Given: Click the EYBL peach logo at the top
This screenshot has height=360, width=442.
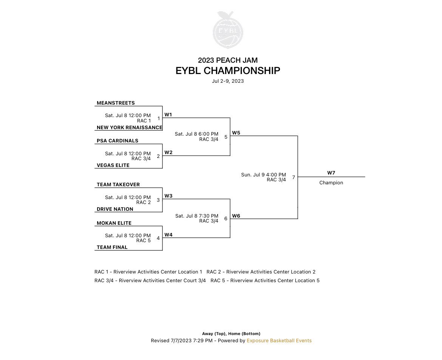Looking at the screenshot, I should click(x=228, y=30).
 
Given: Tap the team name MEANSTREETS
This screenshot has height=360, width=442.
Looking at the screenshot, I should click(x=116, y=103).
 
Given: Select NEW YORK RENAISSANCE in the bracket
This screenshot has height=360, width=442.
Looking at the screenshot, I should click(x=130, y=128).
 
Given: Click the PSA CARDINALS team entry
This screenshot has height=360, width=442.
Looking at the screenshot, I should click(x=117, y=141).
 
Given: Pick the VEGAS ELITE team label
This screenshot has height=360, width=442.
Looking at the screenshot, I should click(x=113, y=165).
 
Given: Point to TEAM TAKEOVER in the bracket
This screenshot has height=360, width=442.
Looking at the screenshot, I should click(x=118, y=184).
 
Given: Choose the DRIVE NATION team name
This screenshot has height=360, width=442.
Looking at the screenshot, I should click(x=115, y=209).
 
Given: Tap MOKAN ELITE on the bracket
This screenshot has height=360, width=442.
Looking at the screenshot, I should click(x=114, y=223).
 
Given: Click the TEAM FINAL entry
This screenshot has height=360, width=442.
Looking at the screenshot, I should click(x=112, y=247).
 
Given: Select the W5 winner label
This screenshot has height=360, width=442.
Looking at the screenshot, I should click(x=236, y=133).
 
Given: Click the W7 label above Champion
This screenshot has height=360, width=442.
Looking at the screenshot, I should click(x=331, y=173).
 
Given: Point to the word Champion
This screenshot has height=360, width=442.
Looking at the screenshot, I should click(x=331, y=182).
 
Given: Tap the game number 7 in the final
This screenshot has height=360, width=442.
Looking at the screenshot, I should click(x=294, y=177).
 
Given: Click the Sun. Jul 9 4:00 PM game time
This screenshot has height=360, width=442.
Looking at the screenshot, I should click(x=263, y=175).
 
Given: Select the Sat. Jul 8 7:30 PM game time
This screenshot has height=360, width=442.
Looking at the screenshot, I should click(x=197, y=216).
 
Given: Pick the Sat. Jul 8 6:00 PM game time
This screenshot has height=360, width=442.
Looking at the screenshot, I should click(x=196, y=134).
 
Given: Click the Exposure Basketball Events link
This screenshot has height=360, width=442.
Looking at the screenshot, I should click(x=279, y=340).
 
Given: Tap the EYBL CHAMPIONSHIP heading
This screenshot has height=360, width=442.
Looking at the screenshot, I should click(x=228, y=71).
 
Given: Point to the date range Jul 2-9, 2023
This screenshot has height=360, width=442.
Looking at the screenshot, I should click(x=228, y=81).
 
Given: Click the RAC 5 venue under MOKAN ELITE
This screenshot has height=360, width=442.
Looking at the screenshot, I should click(x=144, y=241).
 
